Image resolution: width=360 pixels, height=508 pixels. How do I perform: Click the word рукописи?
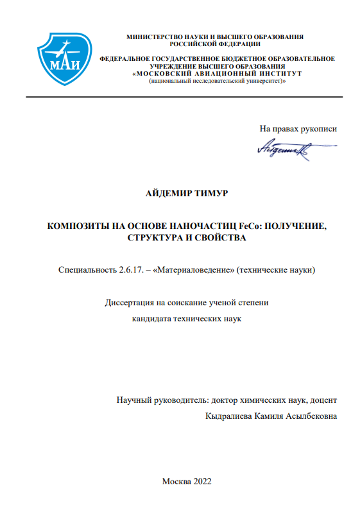(318, 129)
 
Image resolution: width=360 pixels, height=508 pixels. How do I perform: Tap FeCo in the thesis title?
(250, 226)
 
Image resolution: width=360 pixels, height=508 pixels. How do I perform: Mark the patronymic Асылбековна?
(309, 416)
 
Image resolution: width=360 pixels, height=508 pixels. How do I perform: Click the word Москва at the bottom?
(176, 481)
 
